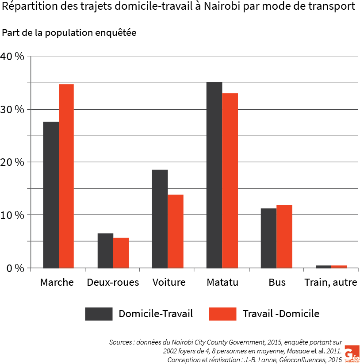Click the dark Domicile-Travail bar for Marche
(51, 195)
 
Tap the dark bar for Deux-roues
(105, 250)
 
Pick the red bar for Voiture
(175, 231)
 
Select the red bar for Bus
(284, 236)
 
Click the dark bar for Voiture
(160, 218)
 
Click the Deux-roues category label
(113, 282)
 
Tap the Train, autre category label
(330, 282)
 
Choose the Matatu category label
(222, 282)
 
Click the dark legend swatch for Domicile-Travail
(98, 314)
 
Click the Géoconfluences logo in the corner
(352, 353)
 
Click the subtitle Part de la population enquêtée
(69, 33)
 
